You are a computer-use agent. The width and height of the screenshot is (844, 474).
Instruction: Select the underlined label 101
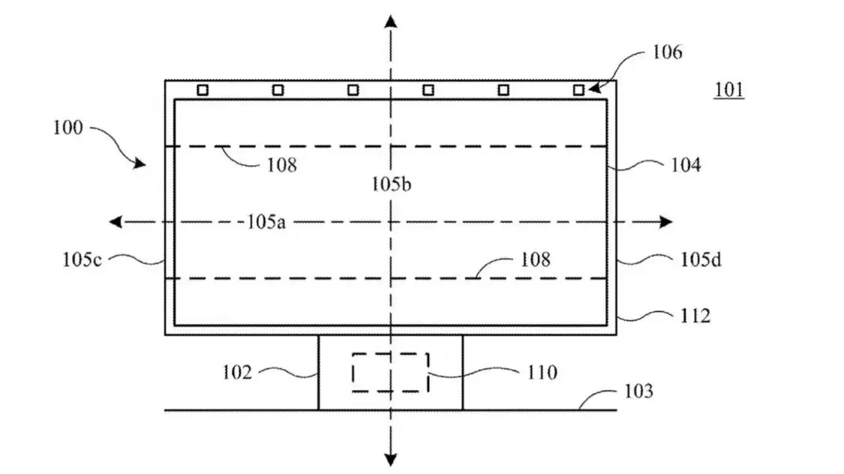click(x=728, y=91)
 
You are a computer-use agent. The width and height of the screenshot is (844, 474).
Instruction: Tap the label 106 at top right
click(x=666, y=52)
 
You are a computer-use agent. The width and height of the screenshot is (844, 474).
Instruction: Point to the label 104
click(x=685, y=166)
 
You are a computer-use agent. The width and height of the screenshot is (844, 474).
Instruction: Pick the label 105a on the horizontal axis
click(x=265, y=222)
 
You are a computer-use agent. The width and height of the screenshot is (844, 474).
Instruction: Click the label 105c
click(x=83, y=260)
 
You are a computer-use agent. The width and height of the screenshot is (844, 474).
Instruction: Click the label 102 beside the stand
click(x=237, y=372)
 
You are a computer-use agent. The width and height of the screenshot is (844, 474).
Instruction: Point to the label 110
click(x=542, y=372)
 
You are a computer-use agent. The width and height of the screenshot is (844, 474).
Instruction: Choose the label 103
click(x=638, y=391)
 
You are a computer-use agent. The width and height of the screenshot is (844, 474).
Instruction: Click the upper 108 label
click(x=281, y=165)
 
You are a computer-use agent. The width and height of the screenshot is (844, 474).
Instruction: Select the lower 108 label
click(x=535, y=259)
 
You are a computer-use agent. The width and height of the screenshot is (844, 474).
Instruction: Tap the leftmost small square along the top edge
click(x=202, y=90)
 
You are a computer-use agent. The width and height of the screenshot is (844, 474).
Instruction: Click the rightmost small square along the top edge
click(x=578, y=90)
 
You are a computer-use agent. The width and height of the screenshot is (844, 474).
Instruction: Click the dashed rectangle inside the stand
click(x=390, y=372)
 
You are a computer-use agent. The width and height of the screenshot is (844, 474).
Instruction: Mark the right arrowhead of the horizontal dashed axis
click(x=665, y=222)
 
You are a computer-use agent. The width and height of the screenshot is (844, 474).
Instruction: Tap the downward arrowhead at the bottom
click(x=390, y=459)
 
